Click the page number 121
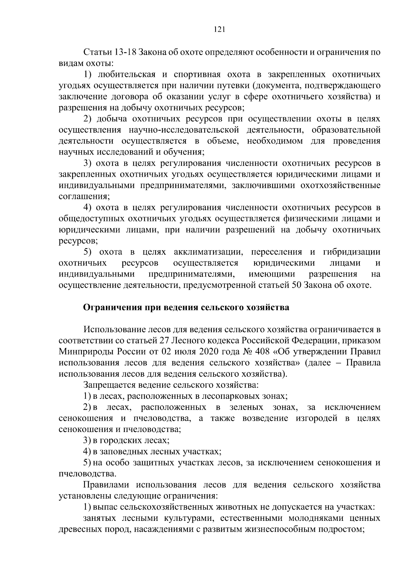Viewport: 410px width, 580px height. (x=219, y=30)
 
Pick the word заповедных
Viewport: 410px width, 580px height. (x=123, y=451)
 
